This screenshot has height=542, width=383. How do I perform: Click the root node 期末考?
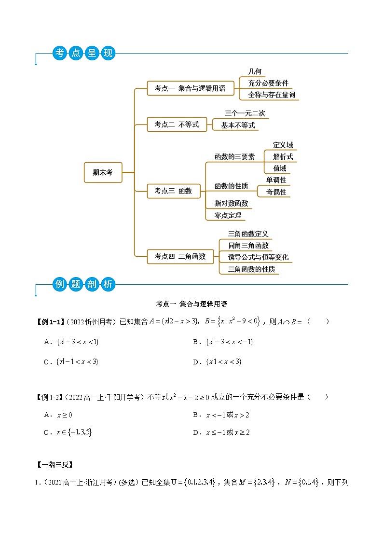[x=103, y=172]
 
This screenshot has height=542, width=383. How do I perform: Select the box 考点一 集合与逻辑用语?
[x=190, y=88]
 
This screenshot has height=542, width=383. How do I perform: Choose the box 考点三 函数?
[x=173, y=191]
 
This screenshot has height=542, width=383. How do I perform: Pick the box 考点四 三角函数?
[x=180, y=256]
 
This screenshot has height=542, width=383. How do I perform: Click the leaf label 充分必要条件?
[x=268, y=83]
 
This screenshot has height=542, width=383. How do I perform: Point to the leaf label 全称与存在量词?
[x=272, y=95]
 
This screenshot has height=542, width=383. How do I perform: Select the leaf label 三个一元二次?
[x=245, y=113]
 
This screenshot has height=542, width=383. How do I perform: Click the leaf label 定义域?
[x=283, y=145]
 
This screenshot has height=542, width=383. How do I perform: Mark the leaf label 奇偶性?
[x=276, y=192]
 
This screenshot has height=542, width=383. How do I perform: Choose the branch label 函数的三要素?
[x=234, y=156]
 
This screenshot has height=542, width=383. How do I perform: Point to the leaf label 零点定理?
[x=228, y=215]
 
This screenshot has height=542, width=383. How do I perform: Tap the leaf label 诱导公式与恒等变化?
[x=259, y=257]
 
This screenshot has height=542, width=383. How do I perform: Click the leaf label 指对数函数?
[x=231, y=203]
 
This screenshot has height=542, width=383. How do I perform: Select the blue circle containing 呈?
[x=92, y=53]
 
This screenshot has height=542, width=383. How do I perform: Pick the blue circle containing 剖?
[x=92, y=284]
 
